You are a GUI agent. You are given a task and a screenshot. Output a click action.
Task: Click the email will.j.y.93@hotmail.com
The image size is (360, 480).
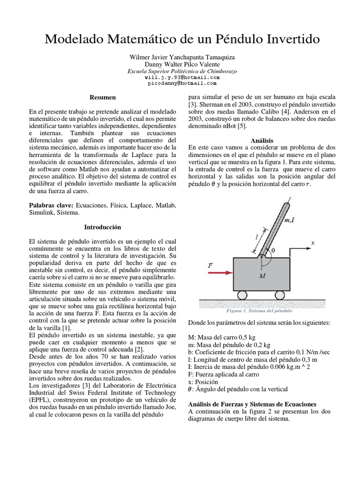pyautogui.click(x=182, y=77)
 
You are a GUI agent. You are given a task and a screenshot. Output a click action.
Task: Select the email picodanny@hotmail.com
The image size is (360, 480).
pyautogui.click(x=182, y=83)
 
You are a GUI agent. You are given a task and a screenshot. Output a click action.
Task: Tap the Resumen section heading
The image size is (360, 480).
pyautogui.click(x=103, y=97)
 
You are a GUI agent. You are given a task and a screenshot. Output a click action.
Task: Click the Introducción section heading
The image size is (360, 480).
pyautogui.click(x=103, y=227)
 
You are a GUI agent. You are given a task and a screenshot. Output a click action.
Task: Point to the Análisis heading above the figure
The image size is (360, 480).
pyautogui.click(x=262, y=140)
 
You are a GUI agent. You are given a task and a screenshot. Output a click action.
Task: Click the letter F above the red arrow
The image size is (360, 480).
pyautogui.click(x=210, y=265)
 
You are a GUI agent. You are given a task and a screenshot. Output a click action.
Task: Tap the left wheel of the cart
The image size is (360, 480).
pyautogui.click(x=242, y=295)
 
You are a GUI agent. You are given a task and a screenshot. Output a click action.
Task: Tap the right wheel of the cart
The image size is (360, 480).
pyautogui.click(x=279, y=295)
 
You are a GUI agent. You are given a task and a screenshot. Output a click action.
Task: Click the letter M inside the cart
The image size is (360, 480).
pyautogui.click(x=262, y=276)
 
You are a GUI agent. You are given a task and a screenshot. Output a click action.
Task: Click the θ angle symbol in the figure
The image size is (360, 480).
pyautogui.click(x=273, y=250)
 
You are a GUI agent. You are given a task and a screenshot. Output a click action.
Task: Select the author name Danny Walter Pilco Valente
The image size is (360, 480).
pyautogui.click(x=182, y=64)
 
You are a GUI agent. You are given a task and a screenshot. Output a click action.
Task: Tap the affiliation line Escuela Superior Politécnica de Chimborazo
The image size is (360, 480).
pyautogui.click(x=182, y=71)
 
